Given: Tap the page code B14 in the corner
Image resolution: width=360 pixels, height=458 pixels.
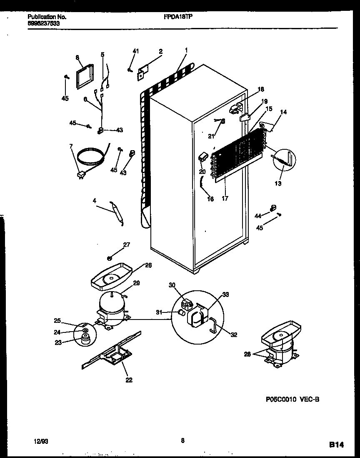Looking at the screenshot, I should pyautogui.click(x=337, y=445).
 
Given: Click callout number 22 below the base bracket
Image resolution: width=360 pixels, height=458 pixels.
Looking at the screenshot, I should pyautogui.click(x=129, y=380).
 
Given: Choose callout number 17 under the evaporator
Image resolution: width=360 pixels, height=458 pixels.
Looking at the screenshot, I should pyautogui.click(x=225, y=199).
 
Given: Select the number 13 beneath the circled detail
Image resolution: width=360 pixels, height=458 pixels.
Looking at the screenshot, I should pyautogui.click(x=278, y=184).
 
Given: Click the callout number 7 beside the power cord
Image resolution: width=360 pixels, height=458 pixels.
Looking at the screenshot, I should pyautogui.click(x=71, y=146).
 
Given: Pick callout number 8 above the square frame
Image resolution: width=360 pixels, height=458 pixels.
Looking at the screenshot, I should pyautogui.click(x=77, y=58).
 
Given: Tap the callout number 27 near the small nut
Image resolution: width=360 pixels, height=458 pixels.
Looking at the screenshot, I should pyautogui.click(x=126, y=245).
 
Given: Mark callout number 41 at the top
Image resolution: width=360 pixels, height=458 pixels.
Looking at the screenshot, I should pyautogui.click(x=135, y=51).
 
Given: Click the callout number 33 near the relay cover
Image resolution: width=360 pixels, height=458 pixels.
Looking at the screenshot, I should pyautogui.click(x=225, y=295).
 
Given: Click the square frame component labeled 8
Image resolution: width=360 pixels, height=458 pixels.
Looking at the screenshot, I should pyautogui.click(x=84, y=77).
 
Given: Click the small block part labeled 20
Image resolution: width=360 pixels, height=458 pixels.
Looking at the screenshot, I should pyautogui.click(x=203, y=157).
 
